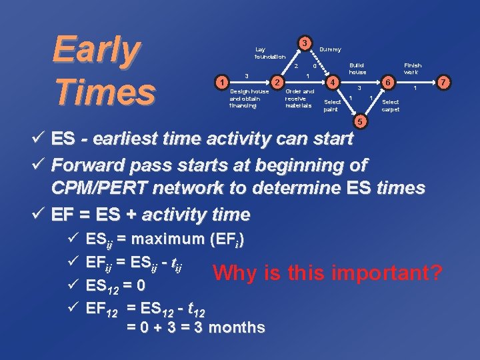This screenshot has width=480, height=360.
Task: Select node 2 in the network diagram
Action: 276,81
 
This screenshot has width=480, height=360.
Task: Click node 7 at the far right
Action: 444,81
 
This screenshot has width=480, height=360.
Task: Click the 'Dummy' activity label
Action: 330,49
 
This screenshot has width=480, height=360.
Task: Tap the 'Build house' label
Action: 357,68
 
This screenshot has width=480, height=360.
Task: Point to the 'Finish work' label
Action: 411,68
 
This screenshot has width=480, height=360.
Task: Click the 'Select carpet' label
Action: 391,105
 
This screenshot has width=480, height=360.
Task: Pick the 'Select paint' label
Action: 331,105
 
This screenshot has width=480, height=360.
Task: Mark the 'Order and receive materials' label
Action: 299,98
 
